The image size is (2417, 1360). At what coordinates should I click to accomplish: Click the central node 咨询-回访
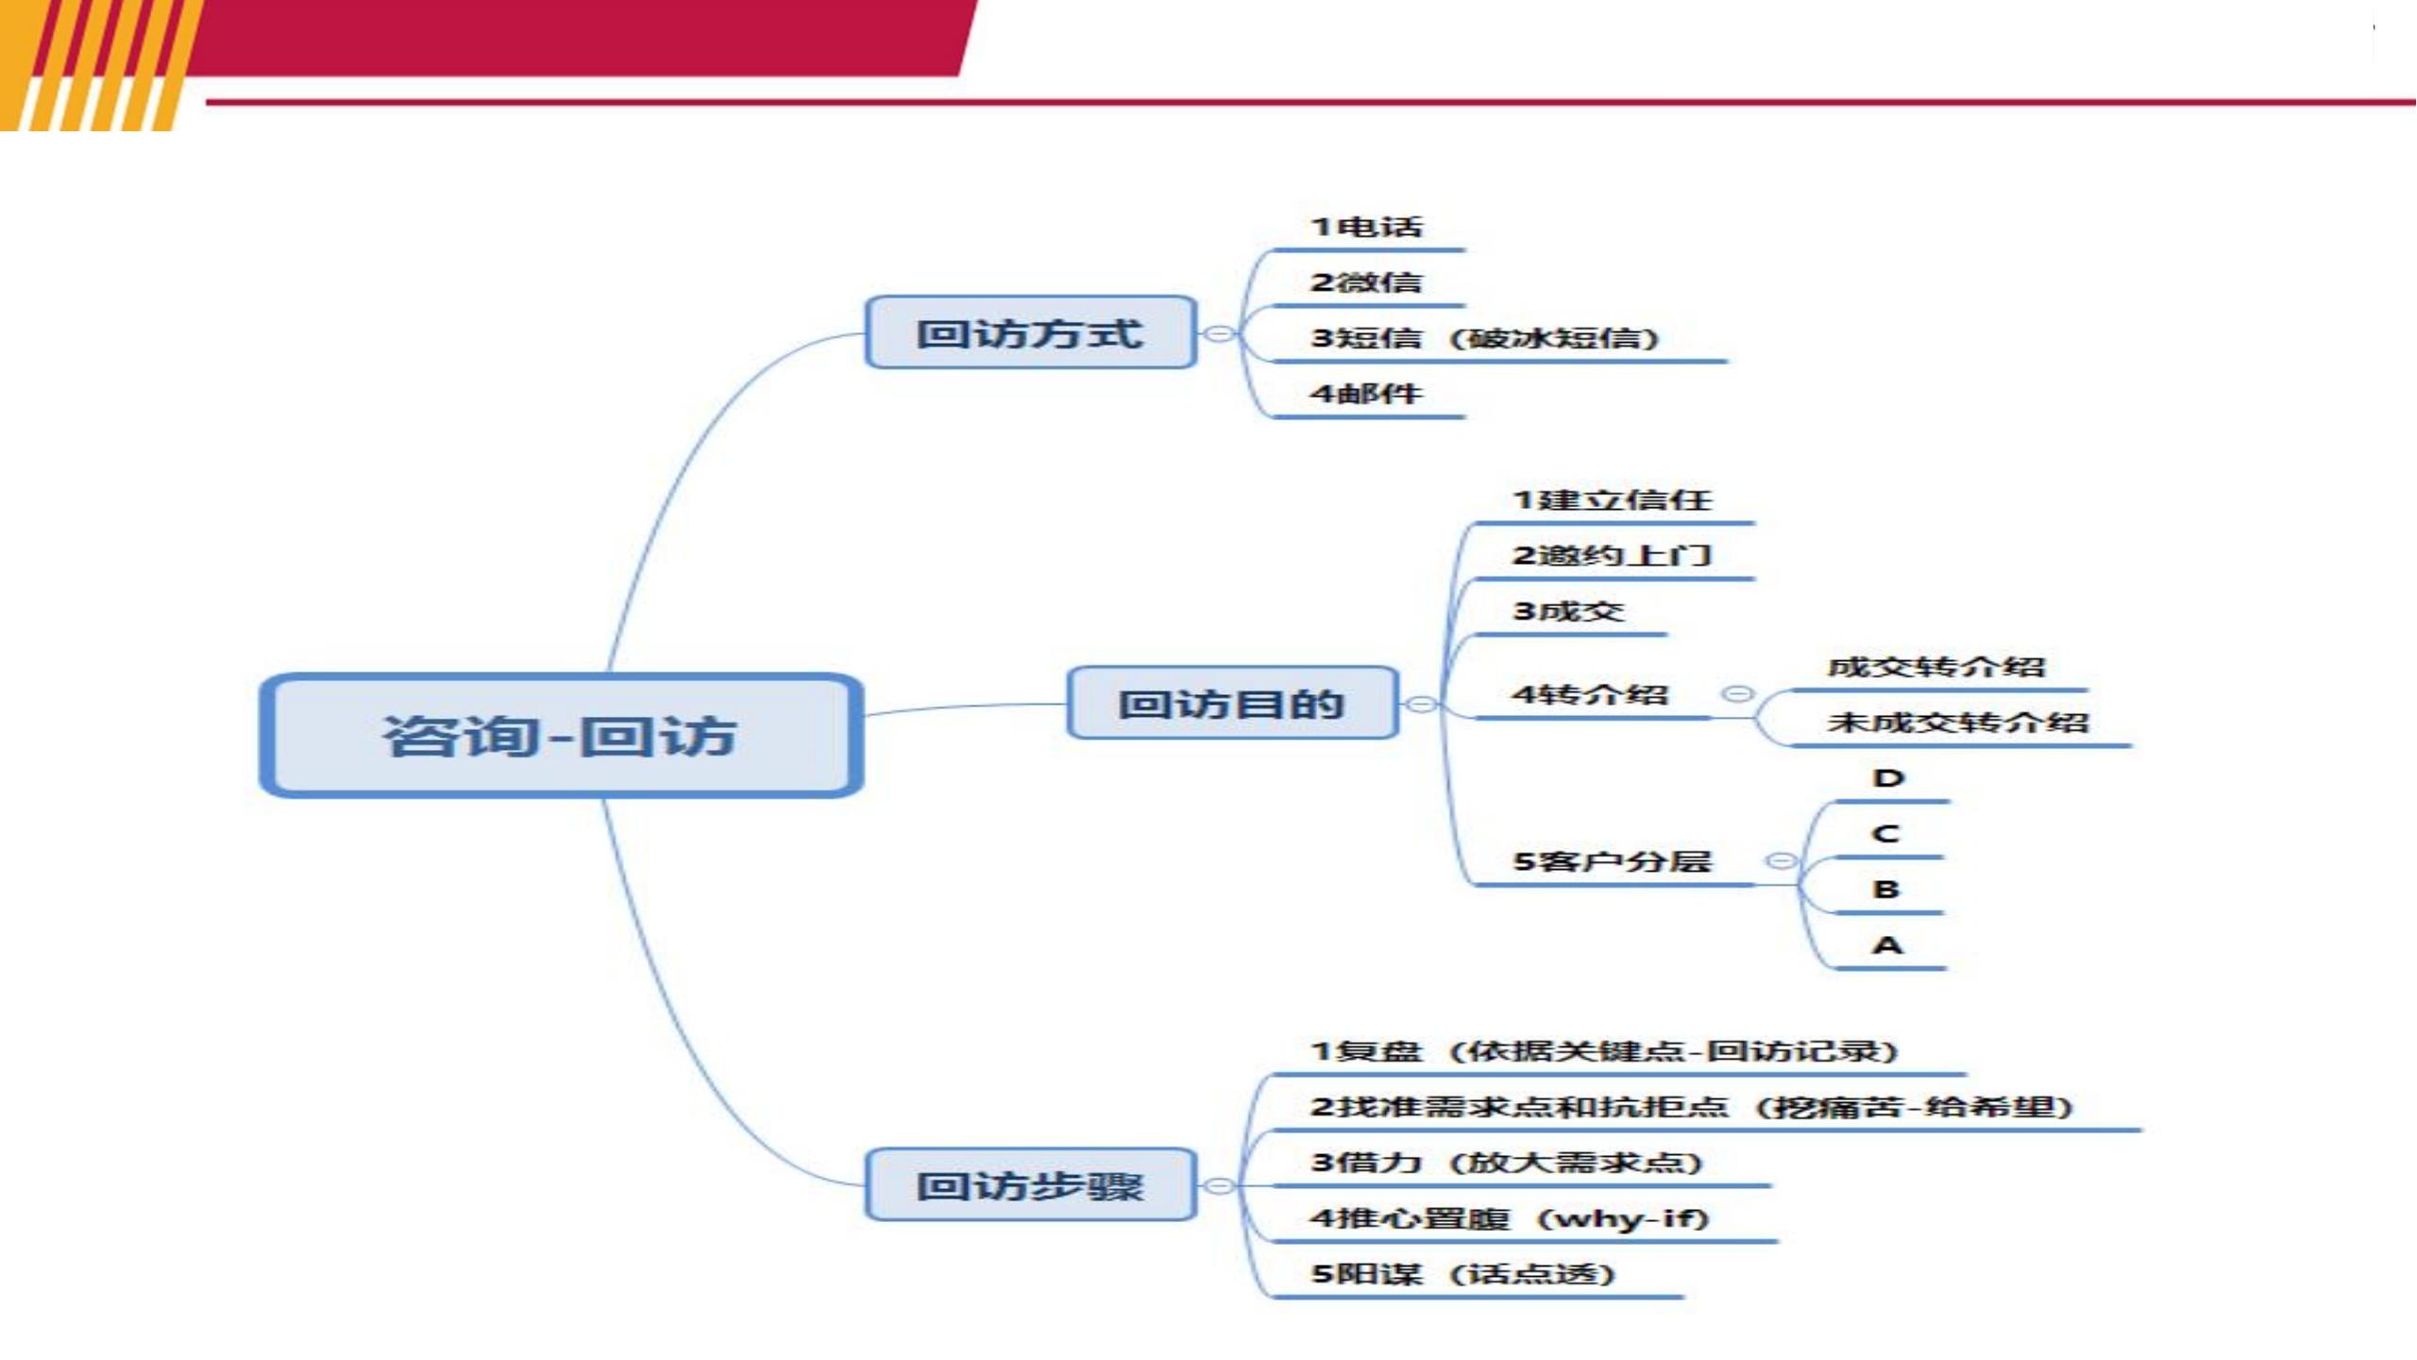point(561,735)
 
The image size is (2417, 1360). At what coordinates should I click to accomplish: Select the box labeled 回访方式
point(1031,332)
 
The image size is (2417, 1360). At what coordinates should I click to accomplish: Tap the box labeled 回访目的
point(1232,703)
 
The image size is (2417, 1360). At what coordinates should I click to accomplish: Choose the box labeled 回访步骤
point(1031,1184)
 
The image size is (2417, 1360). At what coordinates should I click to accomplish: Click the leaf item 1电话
point(1366,227)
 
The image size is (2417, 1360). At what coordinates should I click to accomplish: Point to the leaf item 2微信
point(1366,282)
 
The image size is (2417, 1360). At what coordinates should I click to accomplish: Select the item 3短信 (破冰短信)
point(1484,338)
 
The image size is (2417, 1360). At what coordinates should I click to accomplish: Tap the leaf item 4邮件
point(1366,394)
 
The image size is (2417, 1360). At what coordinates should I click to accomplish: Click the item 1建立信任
point(1612,500)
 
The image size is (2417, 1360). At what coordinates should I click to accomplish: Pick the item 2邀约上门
point(1612,555)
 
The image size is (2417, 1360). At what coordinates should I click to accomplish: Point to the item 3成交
point(1568,611)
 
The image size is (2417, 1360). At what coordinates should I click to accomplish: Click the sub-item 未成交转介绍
point(1958,722)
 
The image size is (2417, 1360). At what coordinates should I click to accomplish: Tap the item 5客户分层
point(1612,861)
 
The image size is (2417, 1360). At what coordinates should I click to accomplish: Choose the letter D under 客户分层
point(1888,778)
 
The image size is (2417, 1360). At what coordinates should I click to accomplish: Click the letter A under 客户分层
point(1887,944)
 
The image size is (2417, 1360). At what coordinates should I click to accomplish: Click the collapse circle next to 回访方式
point(1220,333)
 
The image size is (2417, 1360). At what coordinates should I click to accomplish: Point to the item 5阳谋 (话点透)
point(1462,1274)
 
